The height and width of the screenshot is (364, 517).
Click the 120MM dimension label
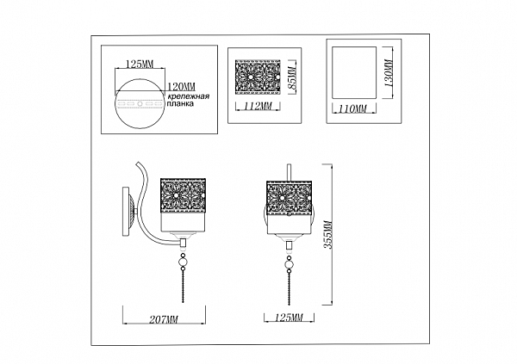pos(182,87)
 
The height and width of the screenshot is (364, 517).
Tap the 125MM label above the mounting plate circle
pos(139,64)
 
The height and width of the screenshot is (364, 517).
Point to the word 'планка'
pos(180,109)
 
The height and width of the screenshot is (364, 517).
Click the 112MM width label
pos(258,108)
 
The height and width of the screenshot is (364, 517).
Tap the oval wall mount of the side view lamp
pos(128,209)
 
